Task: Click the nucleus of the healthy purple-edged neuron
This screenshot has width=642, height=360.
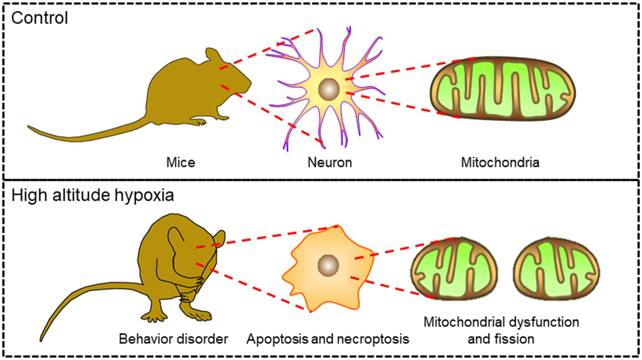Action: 329,89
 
